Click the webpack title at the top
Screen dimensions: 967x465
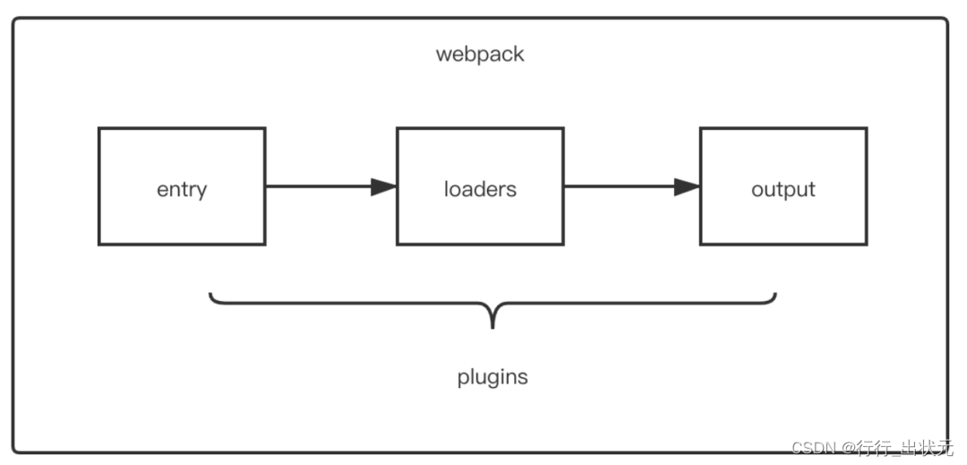coord(480,55)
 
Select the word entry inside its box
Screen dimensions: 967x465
coord(182,189)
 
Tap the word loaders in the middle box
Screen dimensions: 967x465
coord(480,189)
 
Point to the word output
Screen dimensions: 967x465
coord(783,189)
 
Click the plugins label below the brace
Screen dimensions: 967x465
coord(492,377)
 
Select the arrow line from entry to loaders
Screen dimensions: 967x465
coord(330,186)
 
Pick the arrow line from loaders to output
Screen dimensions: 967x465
coord(631,186)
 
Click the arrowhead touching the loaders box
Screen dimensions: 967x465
coord(383,186)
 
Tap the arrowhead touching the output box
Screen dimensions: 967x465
coord(687,186)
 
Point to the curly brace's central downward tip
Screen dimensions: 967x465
coord(492,328)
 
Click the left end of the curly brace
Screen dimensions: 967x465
coord(210,294)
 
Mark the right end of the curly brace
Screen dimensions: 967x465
coord(775,294)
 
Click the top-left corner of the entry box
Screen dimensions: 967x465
coord(99,128)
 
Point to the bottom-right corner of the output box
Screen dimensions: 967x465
coord(867,245)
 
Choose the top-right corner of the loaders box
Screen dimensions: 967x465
coord(563,128)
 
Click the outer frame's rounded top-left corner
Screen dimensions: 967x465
coord(16,21)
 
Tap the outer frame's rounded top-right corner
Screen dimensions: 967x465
coord(945,21)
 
